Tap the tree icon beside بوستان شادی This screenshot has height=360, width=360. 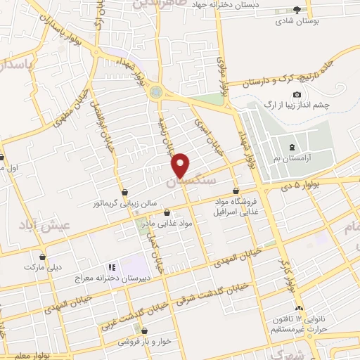coord(297,9)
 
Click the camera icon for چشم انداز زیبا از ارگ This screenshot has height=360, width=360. coord(297,95)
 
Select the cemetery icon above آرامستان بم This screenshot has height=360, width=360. coord(291,147)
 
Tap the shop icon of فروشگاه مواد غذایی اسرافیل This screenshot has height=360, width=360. coord(236,191)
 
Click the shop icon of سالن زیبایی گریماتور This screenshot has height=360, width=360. coord(124,192)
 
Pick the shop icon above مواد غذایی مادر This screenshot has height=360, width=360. coord(167,212)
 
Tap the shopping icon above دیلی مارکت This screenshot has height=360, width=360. coord(44,257)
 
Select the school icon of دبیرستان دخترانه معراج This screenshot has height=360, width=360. coord(110,267)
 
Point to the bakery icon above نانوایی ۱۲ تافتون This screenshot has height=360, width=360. coord(300,309)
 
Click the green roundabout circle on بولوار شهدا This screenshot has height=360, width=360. coord(155,91)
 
